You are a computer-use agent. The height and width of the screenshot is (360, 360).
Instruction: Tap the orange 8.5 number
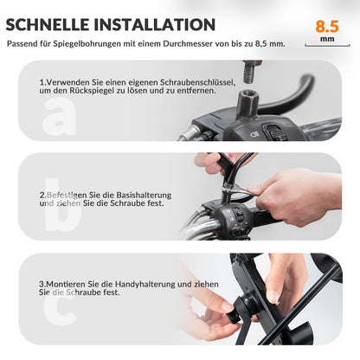pyautogui.click(x=326, y=26)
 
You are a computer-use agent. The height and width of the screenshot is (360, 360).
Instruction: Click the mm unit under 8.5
pyautogui.click(x=326, y=40)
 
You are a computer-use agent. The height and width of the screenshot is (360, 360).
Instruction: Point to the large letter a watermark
pyautogui.click(x=58, y=119)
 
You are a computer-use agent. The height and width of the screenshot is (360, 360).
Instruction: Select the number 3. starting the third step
pyautogui.click(x=43, y=284)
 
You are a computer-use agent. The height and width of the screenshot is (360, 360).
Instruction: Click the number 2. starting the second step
pyautogui.click(x=43, y=195)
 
